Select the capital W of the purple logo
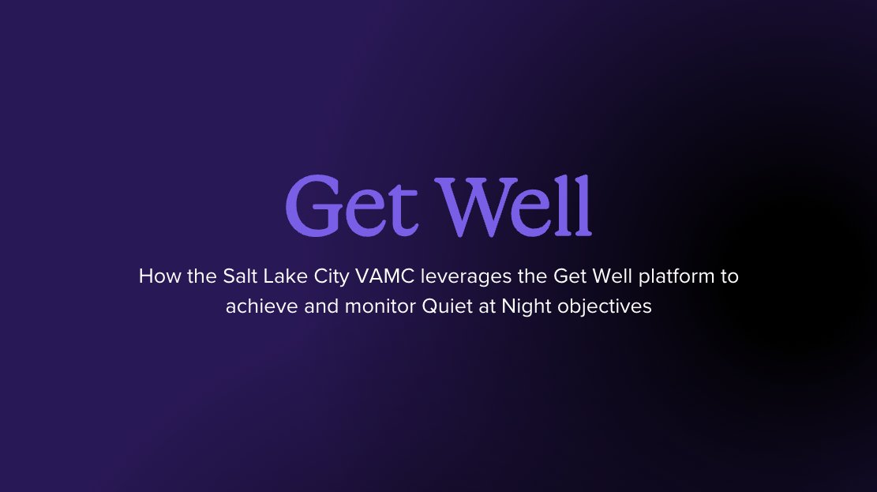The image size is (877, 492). [x=478, y=206]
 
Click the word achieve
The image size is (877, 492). [x=257, y=306]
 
